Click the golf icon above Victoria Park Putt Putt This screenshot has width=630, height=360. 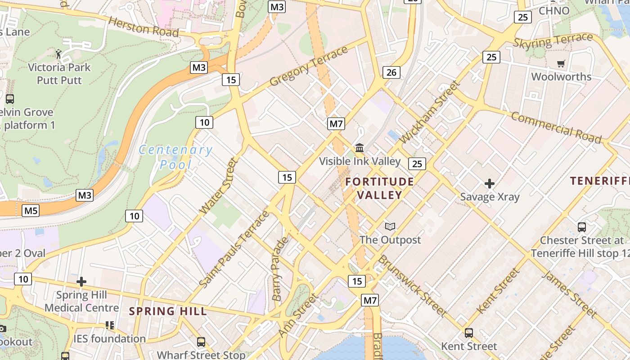click(x=58, y=54)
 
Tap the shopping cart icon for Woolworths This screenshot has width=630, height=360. click(x=561, y=64)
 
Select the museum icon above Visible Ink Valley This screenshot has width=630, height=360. click(x=360, y=148)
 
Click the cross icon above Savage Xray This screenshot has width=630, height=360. click(x=490, y=184)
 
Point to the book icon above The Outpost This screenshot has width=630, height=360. click(x=390, y=227)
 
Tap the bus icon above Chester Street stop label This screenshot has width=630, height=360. click(x=582, y=227)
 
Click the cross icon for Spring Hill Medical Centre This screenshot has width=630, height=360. click(x=81, y=282)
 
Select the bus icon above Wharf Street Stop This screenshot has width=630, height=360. click(x=201, y=342)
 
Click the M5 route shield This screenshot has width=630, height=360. click(x=31, y=210)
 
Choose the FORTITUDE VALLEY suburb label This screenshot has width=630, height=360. click(x=380, y=188)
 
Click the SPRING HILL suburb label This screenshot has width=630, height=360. click(x=168, y=311)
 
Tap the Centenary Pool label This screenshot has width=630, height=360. click(x=175, y=157)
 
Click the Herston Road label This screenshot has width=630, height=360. click(x=144, y=27)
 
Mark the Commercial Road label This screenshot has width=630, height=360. click(x=556, y=128)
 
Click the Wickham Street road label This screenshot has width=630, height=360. click(x=430, y=112)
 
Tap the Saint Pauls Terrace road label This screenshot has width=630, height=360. click(x=234, y=249)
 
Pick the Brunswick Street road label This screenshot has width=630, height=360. click(x=413, y=285)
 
